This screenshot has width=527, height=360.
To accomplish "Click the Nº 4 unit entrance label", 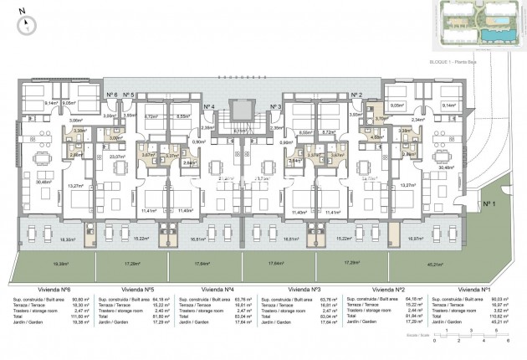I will pyautogui.click(x=214, y=107).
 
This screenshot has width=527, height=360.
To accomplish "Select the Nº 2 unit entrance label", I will pyautogui.click(x=356, y=95).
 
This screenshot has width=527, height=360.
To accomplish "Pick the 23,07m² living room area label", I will pyautogui.click(x=117, y=157).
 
